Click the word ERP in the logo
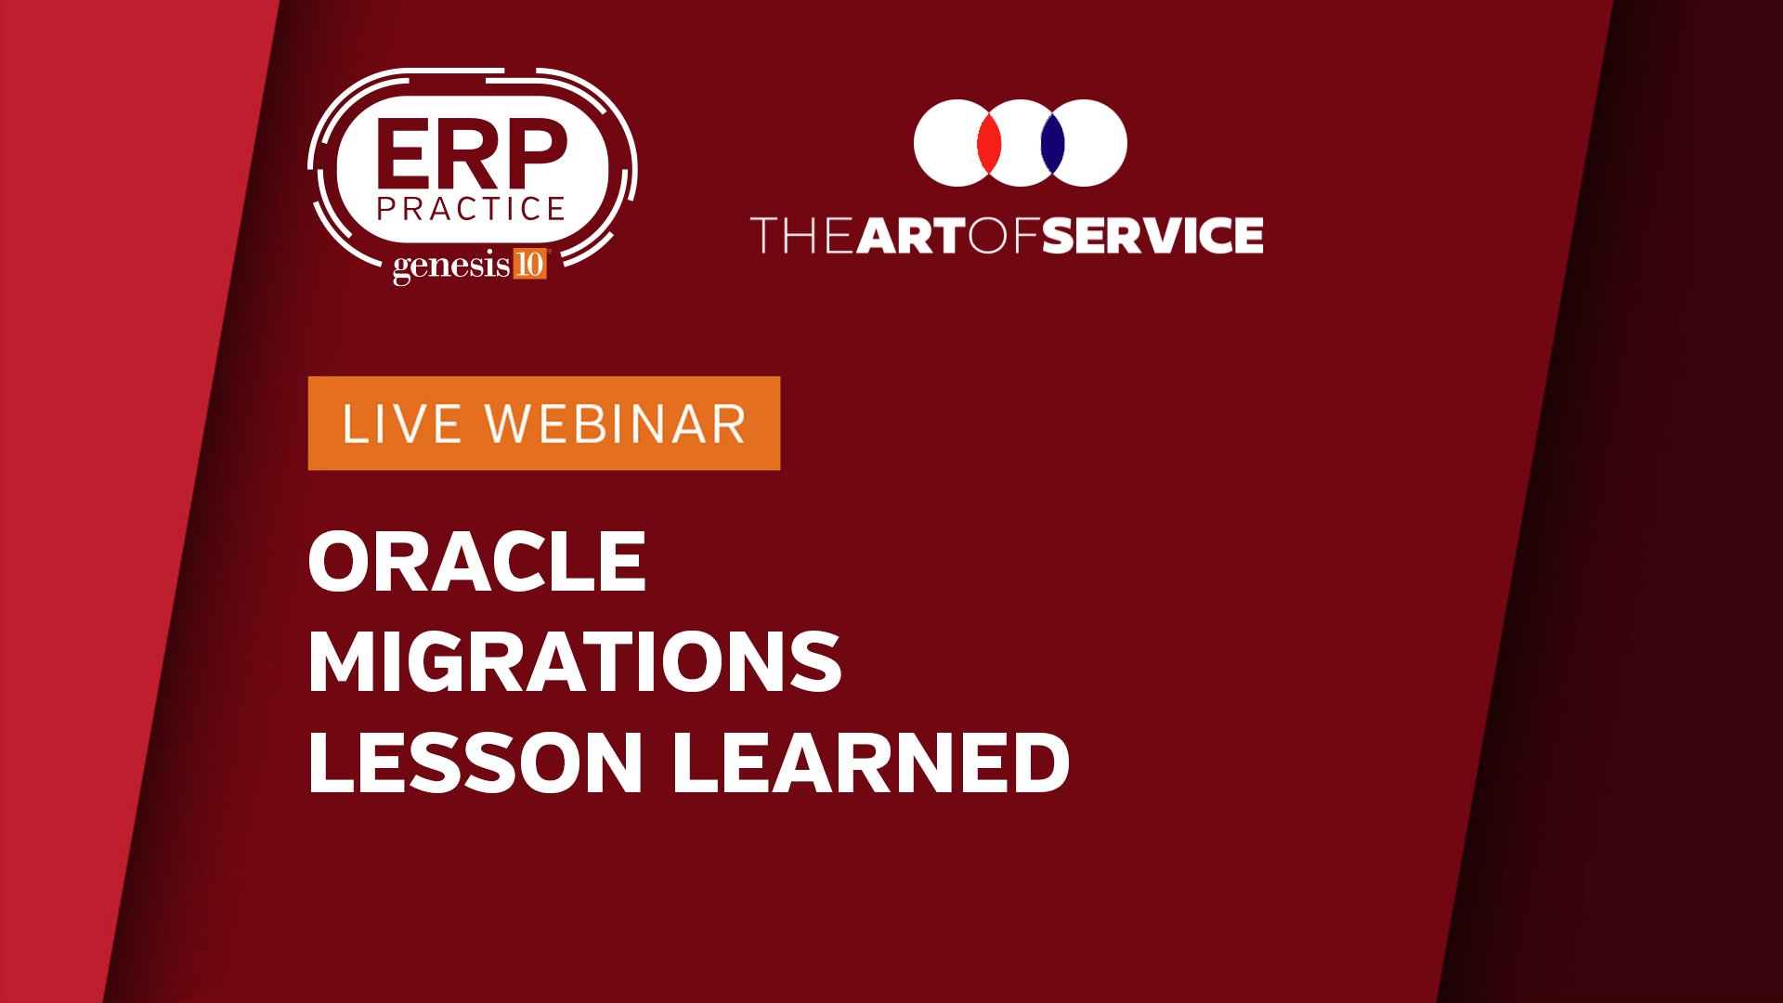click(x=472, y=153)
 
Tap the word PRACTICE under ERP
click(x=472, y=209)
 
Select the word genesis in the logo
click(x=451, y=267)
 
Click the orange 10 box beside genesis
click(x=529, y=265)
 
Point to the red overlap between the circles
click(x=989, y=143)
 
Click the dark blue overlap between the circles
click(x=1052, y=143)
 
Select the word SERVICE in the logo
click(x=1152, y=235)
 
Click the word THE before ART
click(x=802, y=235)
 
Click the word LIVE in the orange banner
click(x=402, y=424)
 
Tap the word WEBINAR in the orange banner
click(x=617, y=424)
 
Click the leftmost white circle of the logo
click(x=947, y=143)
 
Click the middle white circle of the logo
click(x=1021, y=143)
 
